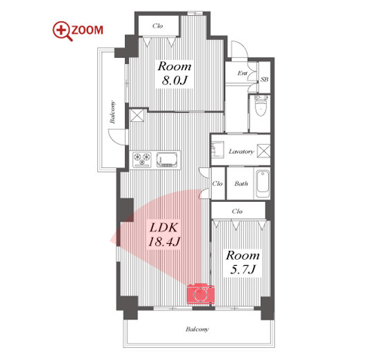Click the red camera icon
pyautogui.click(x=200, y=294)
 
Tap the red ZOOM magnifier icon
pyautogui.click(x=62, y=31)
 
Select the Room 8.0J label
pyautogui.click(x=175, y=74)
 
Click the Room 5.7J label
pyautogui.click(x=242, y=262)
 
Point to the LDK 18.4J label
pyautogui.click(x=164, y=235)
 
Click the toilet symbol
pyautogui.click(x=261, y=105)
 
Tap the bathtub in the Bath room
pyautogui.click(x=263, y=185)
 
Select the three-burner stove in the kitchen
pyautogui.click(x=142, y=159)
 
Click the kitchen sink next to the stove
pyautogui.click(x=165, y=160)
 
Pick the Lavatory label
pyautogui.click(x=241, y=151)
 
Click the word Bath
pyautogui.click(x=241, y=184)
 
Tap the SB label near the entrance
pyautogui.click(x=264, y=79)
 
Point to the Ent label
pyautogui.click(x=242, y=73)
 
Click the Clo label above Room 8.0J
pyautogui.click(x=157, y=26)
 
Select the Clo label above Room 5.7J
pyautogui.click(x=237, y=211)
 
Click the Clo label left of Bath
pyautogui.click(x=218, y=184)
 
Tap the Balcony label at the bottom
pyautogui.click(x=197, y=329)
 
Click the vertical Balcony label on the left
pyautogui.click(x=112, y=112)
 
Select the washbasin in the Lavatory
pyautogui.click(x=218, y=150)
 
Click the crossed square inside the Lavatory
pyautogui.click(x=264, y=151)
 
